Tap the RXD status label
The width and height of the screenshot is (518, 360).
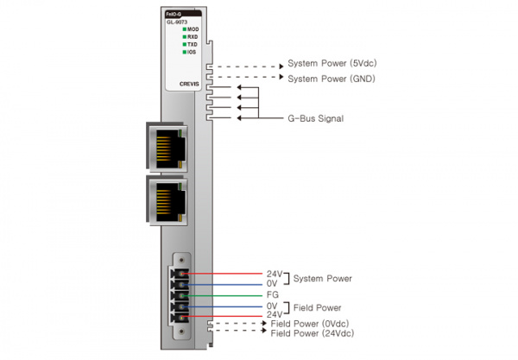[x=193, y=37]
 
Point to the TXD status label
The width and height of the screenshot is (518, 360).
[x=193, y=45]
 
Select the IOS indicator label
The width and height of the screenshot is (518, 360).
[x=193, y=52]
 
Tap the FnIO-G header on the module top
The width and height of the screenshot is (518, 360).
[x=174, y=14]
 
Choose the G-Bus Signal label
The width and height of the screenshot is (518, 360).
[x=315, y=117]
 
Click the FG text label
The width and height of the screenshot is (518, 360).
[x=271, y=294]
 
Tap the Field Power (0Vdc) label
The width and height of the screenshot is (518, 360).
[x=312, y=324]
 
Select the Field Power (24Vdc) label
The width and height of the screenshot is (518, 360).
[x=313, y=333]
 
